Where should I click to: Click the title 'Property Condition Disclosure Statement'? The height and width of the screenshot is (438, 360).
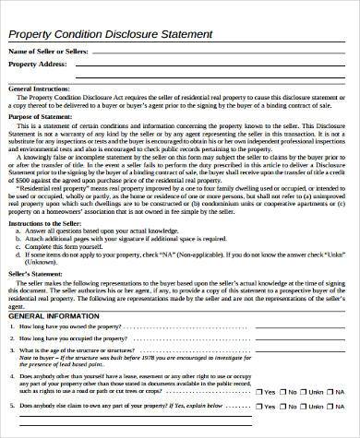[110, 34]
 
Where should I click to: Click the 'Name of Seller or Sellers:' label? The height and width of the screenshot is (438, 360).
[48, 51]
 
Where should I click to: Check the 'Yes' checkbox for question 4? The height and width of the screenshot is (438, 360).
[258, 391]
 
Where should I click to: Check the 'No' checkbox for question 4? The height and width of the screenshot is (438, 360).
[282, 391]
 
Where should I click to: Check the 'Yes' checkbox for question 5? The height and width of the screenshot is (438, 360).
[258, 407]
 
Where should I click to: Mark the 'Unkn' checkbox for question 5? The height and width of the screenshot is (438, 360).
[304, 407]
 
